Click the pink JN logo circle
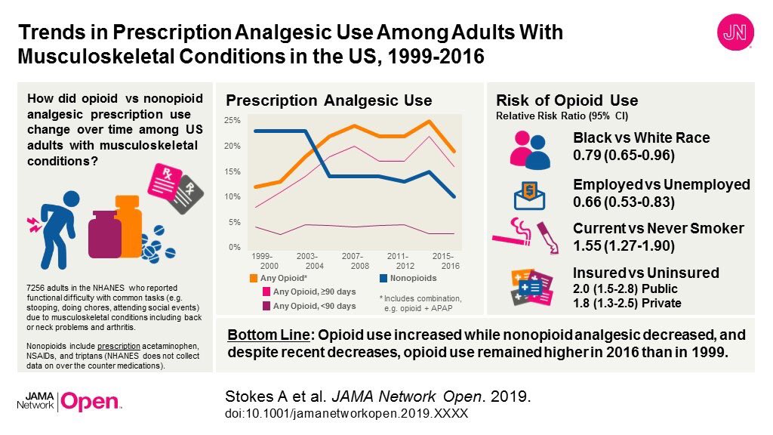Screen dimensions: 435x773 coord(731,35)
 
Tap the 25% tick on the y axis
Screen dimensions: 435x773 coord(233,121)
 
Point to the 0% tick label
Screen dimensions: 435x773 coord(234,247)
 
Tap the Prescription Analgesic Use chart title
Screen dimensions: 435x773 coord(328,100)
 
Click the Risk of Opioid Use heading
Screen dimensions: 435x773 coord(566,100)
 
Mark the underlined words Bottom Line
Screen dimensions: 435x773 coord(259,335)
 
